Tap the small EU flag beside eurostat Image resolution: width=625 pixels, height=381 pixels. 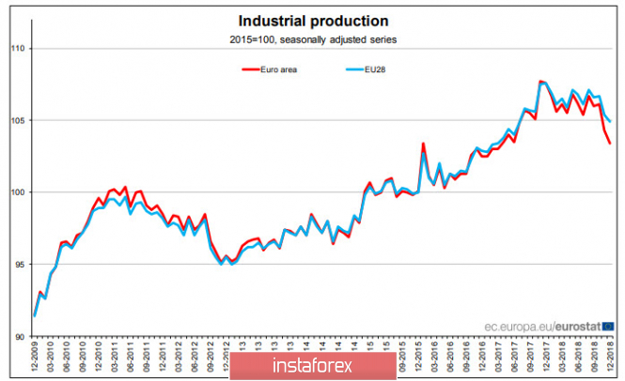click(608, 326)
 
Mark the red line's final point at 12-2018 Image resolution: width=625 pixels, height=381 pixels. click(611, 144)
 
